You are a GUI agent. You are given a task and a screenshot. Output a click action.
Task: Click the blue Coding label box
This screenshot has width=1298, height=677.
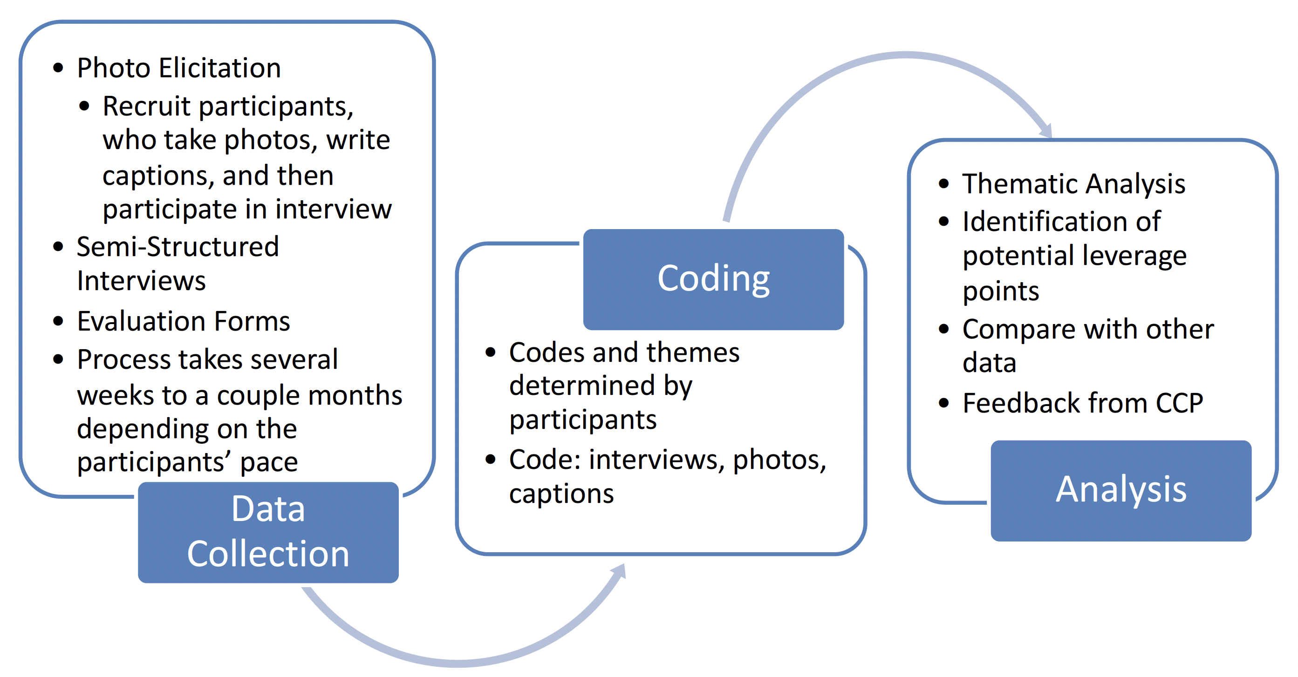coord(713,279)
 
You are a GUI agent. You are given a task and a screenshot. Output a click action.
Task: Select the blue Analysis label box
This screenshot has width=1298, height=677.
coord(1120,490)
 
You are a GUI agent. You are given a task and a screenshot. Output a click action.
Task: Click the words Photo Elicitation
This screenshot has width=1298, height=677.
coord(179,68)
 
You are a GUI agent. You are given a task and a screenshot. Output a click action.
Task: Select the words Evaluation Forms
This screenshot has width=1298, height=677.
coord(184,321)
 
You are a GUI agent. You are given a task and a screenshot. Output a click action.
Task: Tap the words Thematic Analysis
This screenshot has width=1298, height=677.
coord(1073,184)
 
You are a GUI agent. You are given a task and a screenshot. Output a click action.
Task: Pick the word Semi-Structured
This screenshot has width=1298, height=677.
coord(178,247)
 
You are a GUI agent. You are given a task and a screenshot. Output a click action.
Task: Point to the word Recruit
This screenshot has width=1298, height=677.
coord(147,106)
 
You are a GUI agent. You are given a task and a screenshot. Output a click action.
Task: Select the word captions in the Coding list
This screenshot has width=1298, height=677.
coord(561,494)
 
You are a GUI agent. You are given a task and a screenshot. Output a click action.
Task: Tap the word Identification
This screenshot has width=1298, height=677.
coord(1061,222)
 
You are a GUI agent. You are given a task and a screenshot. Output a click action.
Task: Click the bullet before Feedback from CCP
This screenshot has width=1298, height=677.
coord(944,403)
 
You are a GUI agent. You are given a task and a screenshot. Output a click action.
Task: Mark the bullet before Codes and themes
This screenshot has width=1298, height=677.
coord(490,352)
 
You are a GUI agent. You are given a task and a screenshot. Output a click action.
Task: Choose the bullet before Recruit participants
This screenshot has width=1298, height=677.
coord(84,106)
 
